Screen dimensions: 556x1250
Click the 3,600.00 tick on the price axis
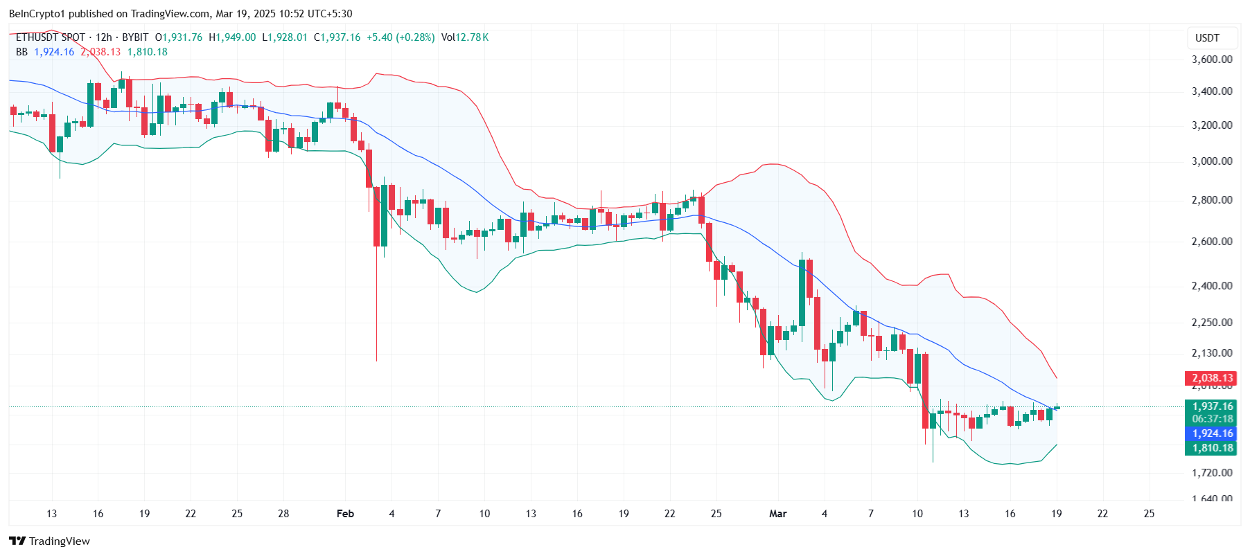click(x=1211, y=60)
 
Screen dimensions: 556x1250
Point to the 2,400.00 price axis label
click(x=1211, y=285)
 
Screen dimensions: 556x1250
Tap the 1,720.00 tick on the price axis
click(x=1211, y=473)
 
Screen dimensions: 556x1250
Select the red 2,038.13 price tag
click(x=1212, y=378)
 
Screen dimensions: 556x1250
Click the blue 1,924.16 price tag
click(x=1212, y=433)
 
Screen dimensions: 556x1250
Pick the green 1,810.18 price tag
click(x=1212, y=448)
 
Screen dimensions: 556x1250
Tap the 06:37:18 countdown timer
click(x=1212, y=419)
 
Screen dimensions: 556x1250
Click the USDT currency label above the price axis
click(x=1207, y=38)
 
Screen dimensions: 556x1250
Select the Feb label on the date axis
click(x=345, y=514)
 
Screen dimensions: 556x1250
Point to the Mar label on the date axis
click(x=777, y=514)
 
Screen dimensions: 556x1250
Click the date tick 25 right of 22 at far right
click(x=1149, y=514)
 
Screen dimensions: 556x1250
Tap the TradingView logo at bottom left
click(x=50, y=541)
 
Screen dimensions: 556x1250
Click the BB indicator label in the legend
click(x=21, y=52)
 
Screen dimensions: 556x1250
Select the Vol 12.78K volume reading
click(x=465, y=37)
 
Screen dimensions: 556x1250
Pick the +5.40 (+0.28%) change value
click(x=400, y=37)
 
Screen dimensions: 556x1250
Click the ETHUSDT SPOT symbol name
click(x=51, y=37)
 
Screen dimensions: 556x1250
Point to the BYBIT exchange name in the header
click(x=135, y=37)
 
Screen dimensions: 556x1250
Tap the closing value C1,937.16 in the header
click(x=337, y=37)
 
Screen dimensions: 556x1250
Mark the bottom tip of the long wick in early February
click(x=376, y=361)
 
